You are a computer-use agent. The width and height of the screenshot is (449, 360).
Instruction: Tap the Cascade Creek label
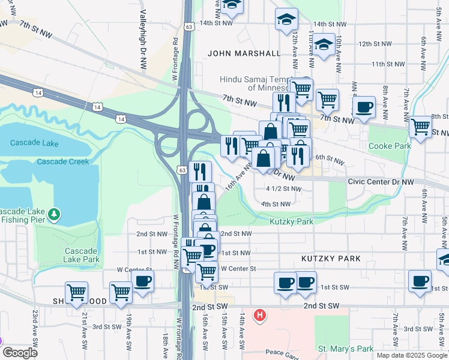(62, 161)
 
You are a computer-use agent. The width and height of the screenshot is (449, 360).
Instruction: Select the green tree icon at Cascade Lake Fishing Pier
(55, 214)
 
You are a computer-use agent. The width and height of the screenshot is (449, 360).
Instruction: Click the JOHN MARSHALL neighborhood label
(244, 53)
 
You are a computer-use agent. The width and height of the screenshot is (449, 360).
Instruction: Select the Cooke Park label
(390, 146)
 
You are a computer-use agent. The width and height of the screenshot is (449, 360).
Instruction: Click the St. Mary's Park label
(346, 349)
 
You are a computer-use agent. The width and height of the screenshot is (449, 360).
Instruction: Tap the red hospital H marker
(259, 314)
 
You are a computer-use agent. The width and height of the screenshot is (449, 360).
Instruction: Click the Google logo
(19, 353)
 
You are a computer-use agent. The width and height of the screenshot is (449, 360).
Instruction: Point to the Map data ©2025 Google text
(411, 355)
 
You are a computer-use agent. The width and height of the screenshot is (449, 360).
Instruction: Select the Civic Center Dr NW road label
(381, 181)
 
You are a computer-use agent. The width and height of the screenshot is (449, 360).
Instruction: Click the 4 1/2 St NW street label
(283, 188)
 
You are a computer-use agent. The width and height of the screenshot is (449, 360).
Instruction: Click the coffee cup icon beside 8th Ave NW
(364, 108)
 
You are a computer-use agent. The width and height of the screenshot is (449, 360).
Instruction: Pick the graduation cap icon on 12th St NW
(324, 44)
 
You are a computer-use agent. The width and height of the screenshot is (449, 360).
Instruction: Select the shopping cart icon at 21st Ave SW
(77, 293)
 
